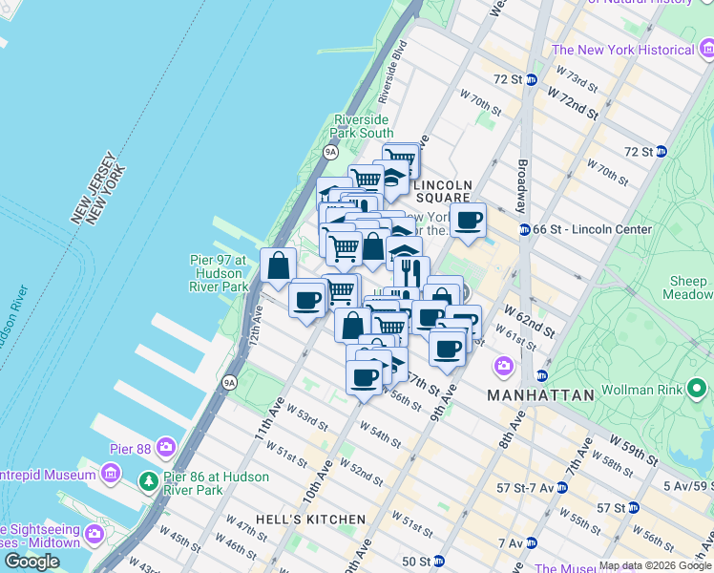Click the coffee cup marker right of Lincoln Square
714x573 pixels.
468,222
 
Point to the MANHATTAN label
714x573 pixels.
540,394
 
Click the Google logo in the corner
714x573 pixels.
31,561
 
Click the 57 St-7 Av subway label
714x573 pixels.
525,487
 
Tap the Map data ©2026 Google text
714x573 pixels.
655,565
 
